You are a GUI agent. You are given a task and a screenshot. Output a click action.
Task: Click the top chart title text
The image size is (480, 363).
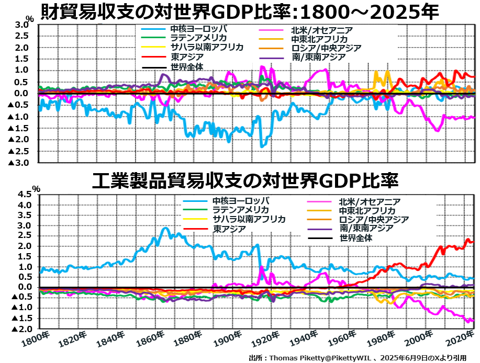click(239, 11)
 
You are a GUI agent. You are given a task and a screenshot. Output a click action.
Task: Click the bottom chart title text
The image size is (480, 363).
click(245, 181)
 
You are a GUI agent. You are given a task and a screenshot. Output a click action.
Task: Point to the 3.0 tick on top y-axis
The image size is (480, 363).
click(20, 25)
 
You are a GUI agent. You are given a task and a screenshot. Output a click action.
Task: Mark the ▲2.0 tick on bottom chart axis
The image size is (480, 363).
click(21, 328)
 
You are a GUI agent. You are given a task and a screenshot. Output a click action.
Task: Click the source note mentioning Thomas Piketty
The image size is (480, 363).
click(358, 358)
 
